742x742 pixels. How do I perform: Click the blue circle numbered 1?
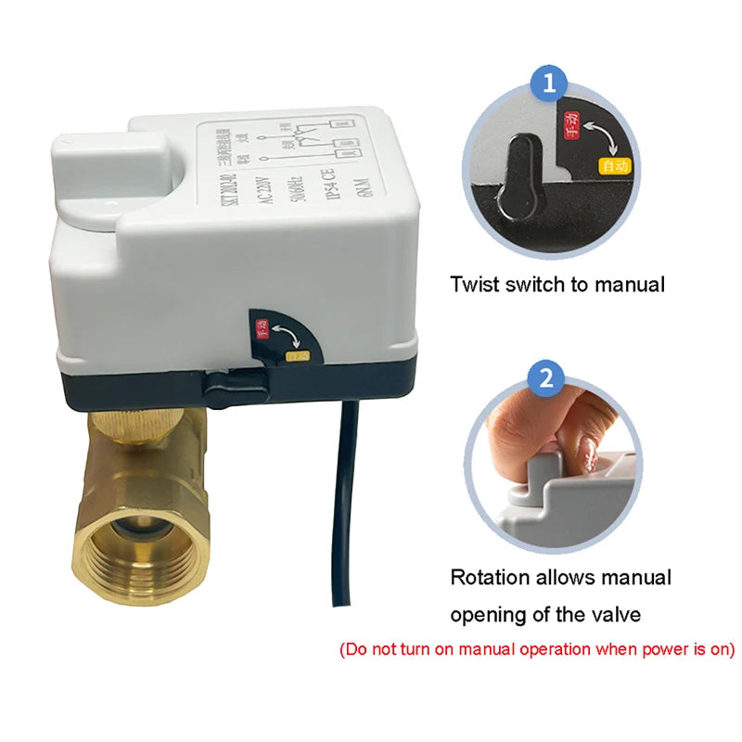[x=549, y=84]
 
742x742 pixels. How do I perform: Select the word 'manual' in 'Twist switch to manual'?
[x=631, y=284]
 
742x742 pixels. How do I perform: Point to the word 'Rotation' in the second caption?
[x=490, y=578]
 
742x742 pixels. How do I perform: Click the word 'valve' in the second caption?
[x=640, y=614]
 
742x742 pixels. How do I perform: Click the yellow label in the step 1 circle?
[x=614, y=167]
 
